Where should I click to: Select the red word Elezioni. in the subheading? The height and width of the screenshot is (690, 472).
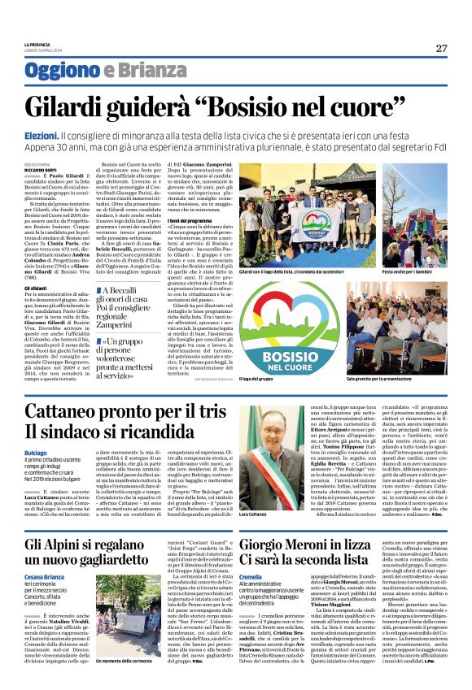click(x=68, y=131)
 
